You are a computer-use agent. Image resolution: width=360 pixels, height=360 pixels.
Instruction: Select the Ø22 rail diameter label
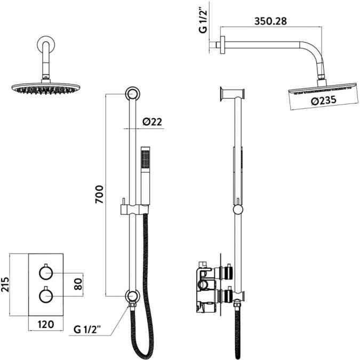tap(152, 122)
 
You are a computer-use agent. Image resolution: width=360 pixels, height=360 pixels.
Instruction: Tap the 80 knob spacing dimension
tap(78, 284)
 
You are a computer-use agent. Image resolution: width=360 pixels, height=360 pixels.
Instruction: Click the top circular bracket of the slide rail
tap(133, 94)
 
